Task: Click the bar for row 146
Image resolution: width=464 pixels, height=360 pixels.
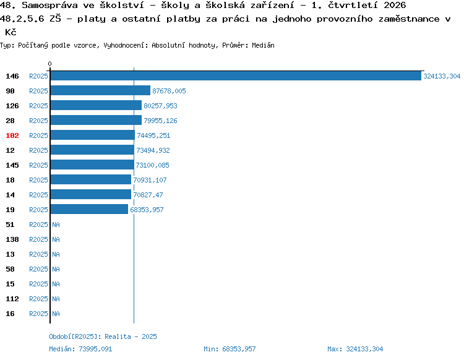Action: pos(236,76)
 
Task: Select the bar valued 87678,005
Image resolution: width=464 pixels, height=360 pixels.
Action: pos(100,91)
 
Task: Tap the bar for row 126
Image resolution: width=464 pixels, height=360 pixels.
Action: pos(96,106)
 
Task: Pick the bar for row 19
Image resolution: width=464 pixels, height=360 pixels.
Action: pos(89,210)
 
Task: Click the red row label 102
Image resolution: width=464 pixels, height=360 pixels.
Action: pos(12,135)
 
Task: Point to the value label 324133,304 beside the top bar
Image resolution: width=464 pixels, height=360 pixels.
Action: pos(442,76)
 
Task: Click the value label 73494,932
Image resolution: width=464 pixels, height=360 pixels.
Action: pos(153,150)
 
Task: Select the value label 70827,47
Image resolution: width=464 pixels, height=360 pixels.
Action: pos(148,195)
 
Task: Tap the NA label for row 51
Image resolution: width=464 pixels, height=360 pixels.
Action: pos(56,225)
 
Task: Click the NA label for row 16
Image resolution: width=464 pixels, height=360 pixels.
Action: pos(56,314)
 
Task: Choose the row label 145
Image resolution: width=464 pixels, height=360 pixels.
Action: pos(12,165)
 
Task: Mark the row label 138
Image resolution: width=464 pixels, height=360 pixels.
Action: pos(12,239)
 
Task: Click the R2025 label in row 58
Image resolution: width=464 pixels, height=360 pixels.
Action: pos(38,269)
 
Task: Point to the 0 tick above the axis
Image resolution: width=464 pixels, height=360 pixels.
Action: pos(49,64)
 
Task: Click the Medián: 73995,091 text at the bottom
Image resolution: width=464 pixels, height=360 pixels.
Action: pos(80,349)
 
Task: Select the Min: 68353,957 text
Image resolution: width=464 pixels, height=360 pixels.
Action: pos(230,349)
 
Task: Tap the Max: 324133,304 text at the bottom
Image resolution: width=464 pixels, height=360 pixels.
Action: pos(355,349)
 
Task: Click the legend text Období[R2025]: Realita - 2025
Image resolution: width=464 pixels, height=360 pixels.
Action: pos(103,336)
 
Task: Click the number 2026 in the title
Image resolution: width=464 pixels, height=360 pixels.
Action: pos(395,5)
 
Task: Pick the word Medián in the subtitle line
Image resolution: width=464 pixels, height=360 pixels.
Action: pos(263,45)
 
